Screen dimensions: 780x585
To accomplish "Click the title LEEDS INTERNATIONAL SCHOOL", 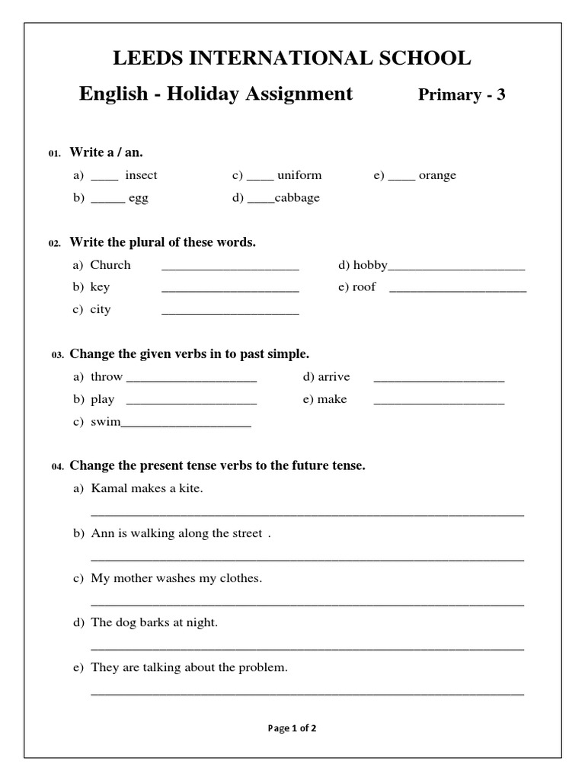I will pyautogui.click(x=292, y=58).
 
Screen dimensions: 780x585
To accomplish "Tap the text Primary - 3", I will pyautogui.click(x=462, y=95).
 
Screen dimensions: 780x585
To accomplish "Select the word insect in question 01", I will pyautogui.click(x=141, y=175).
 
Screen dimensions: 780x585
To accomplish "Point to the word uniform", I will pyautogui.click(x=299, y=175).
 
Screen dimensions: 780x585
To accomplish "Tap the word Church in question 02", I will pyautogui.click(x=110, y=265).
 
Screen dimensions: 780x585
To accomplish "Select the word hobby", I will pyautogui.click(x=370, y=265).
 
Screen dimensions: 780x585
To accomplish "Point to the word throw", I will pyautogui.click(x=106, y=377).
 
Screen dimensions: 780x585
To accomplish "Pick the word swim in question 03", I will pyautogui.click(x=105, y=421).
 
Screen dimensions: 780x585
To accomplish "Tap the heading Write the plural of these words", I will pyautogui.click(x=163, y=242).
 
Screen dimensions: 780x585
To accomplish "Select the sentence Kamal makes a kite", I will pyautogui.click(x=147, y=488).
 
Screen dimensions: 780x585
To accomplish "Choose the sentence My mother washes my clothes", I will pyautogui.click(x=176, y=578).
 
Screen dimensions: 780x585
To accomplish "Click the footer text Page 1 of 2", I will pyautogui.click(x=292, y=728).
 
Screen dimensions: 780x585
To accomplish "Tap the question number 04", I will pyautogui.click(x=58, y=466).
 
